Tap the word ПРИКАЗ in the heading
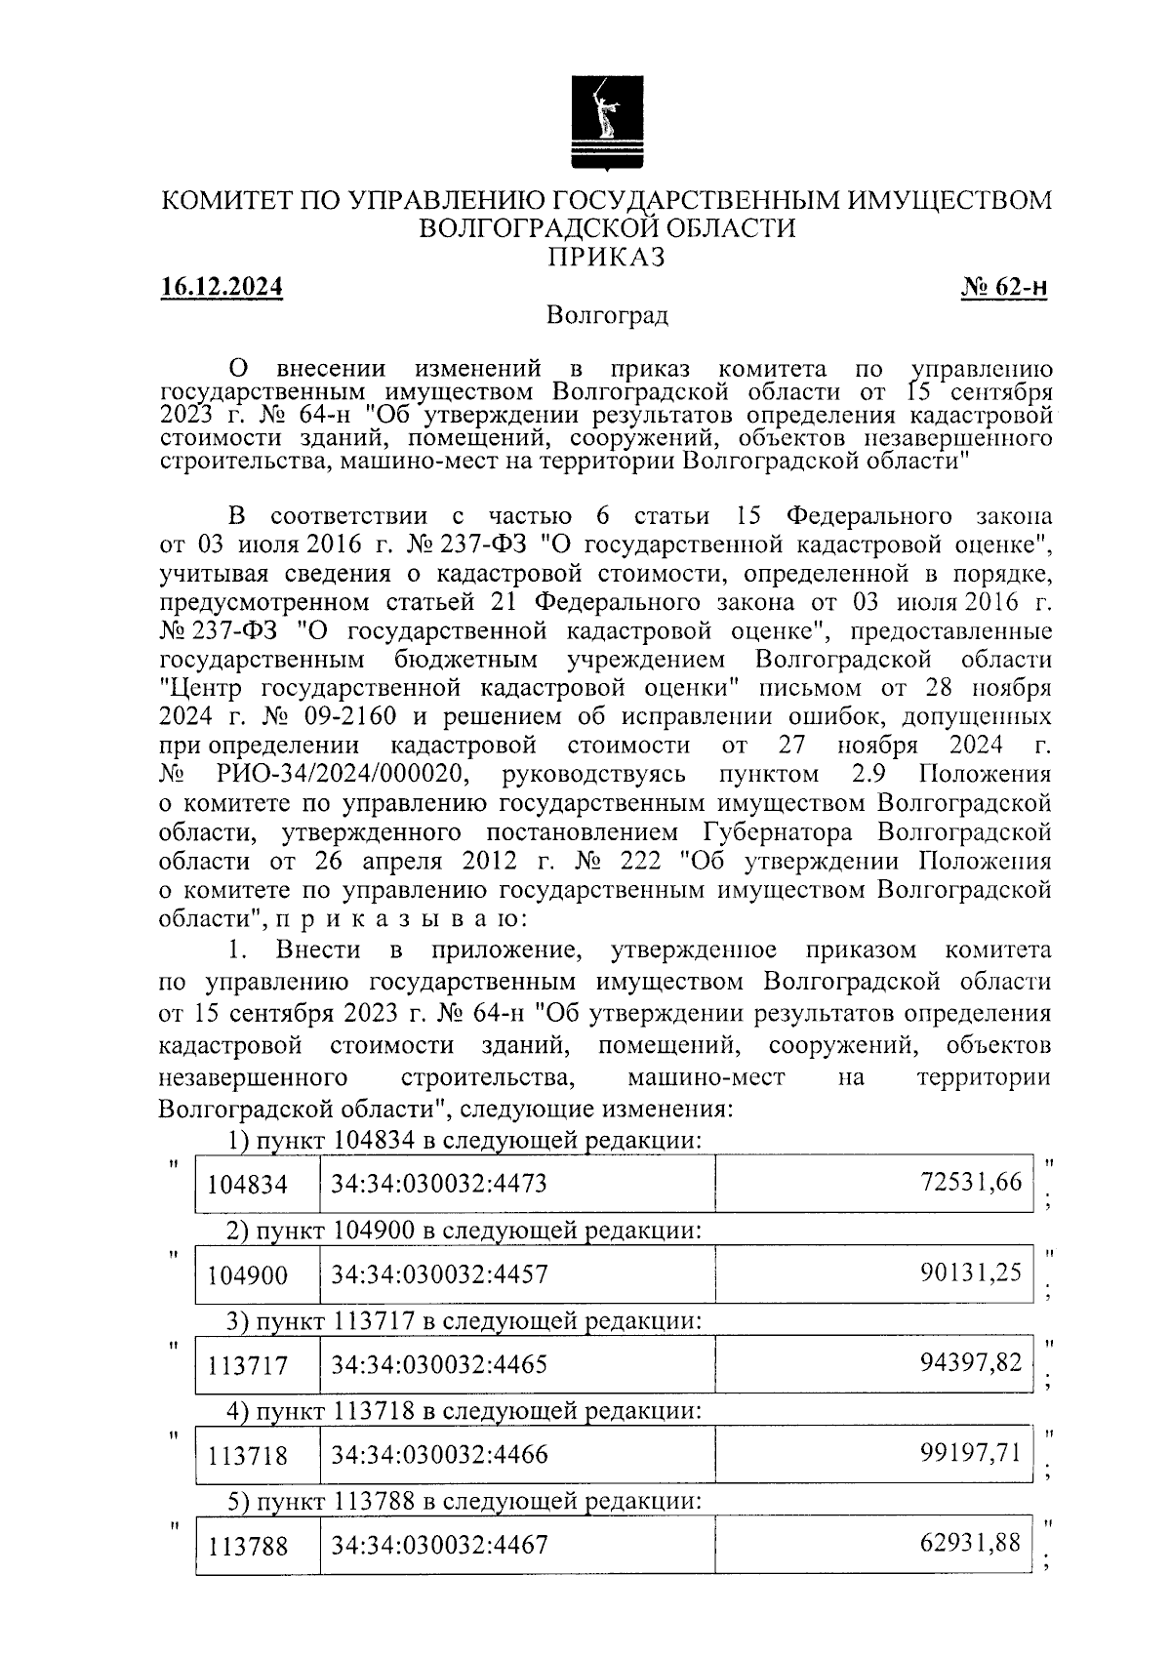(605, 257)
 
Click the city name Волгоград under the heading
(607, 316)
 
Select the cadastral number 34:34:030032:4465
(439, 1364)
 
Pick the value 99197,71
(971, 1453)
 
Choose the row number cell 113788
(248, 1546)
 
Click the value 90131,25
(971, 1272)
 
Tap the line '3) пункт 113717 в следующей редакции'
(464, 1321)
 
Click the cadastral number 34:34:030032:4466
(439, 1455)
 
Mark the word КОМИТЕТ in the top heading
(225, 201)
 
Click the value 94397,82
(971, 1362)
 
